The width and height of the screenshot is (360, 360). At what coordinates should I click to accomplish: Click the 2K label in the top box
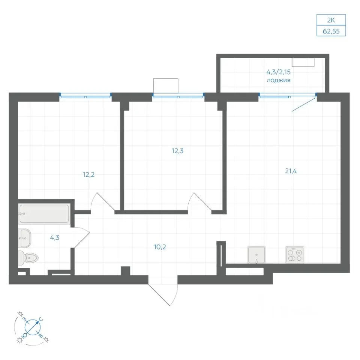tap(331, 20)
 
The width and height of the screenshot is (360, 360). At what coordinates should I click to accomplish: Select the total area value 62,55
tap(331, 31)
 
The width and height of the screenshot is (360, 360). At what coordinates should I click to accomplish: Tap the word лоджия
tap(279, 80)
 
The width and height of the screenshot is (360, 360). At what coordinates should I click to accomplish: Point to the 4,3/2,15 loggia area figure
tap(279, 72)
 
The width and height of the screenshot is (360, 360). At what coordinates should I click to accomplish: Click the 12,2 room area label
tap(88, 175)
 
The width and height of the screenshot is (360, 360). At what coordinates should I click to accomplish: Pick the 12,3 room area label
tap(177, 151)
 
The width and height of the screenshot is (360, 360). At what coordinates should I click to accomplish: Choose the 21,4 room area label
tap(291, 171)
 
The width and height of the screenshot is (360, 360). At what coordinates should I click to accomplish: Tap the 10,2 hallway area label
tap(160, 247)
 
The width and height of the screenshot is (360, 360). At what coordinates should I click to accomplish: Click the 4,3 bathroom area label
tap(55, 238)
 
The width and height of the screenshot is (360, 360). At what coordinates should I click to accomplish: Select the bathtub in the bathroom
tap(44, 214)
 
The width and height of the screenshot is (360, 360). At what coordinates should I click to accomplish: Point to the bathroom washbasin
tap(24, 238)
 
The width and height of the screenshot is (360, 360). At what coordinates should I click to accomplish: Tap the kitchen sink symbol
tap(256, 255)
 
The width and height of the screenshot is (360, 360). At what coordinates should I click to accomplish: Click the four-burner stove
tap(295, 255)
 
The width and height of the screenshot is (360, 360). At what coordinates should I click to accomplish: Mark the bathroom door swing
tap(81, 237)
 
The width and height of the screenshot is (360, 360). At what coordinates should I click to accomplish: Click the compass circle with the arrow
tap(32, 327)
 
